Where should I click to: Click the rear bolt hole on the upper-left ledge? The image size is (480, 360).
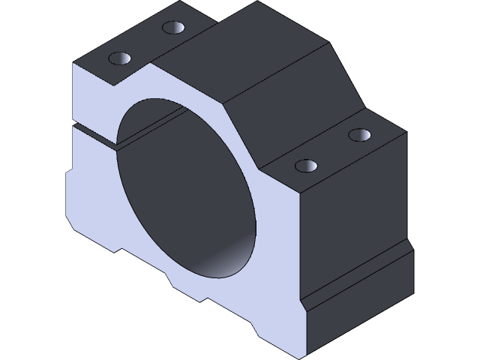pos(173,28)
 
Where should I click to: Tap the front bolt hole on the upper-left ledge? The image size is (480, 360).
pos(120,58)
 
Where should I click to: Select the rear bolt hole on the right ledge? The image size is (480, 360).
pos(360,135)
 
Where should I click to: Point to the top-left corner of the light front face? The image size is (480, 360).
pos(73,65)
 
